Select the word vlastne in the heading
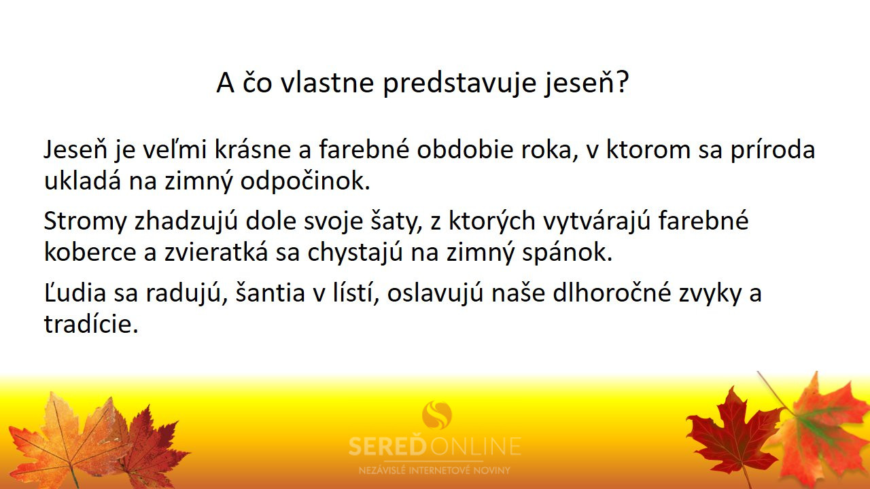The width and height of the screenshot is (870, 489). point(328,81)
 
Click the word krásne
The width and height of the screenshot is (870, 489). point(252,150)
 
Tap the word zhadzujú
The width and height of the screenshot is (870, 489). point(186,221)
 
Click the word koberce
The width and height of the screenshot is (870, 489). point(90,252)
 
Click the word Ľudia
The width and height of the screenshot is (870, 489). point(75,292)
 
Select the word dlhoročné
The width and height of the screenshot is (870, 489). point(612,292)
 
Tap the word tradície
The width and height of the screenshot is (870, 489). point(91,324)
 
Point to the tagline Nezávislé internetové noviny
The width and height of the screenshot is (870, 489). point(434,470)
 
